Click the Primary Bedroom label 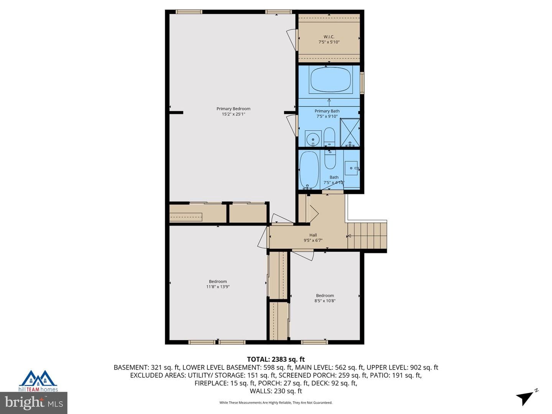point(233,108)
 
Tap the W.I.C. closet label point(329,37)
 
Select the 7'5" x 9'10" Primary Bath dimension point(327,116)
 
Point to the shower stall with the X point(350,132)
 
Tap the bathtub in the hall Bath point(309,170)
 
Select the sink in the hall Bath point(351,168)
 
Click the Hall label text point(313,235)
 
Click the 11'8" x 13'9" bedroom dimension point(218,287)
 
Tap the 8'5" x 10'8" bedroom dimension point(325,301)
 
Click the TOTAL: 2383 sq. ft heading point(276,359)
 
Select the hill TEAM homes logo point(38,381)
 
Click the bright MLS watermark point(34,403)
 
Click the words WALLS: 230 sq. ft point(276,391)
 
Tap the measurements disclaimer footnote point(276,402)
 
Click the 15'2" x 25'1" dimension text point(233,114)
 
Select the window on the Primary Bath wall point(362,83)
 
